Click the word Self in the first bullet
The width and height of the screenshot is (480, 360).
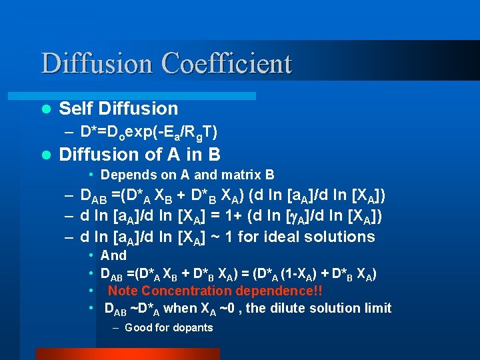point(75,108)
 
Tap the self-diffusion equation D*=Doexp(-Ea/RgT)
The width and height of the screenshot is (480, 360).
point(148,133)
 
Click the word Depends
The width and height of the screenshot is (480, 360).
point(127,175)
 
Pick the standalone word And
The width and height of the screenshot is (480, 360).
point(113,255)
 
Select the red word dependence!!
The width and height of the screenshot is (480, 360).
point(282,291)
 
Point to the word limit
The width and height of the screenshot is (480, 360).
point(377,308)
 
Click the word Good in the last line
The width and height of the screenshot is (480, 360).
point(139,327)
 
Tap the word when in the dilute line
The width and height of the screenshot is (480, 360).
point(180,308)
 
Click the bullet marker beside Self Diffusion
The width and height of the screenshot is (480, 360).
point(45,109)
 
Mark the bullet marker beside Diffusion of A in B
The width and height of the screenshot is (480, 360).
point(45,155)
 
